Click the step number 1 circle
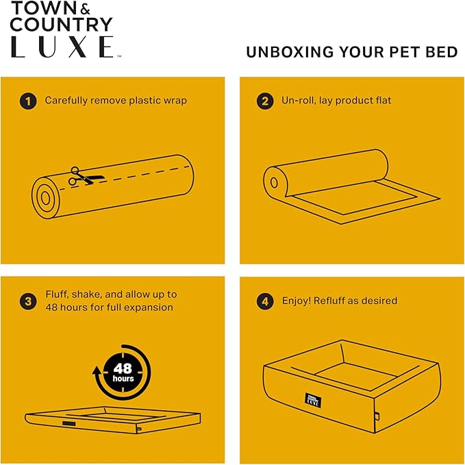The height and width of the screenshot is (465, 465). pyautogui.click(x=28, y=101)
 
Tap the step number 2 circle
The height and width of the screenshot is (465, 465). pyautogui.click(x=265, y=101)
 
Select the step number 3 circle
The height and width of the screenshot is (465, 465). pyautogui.click(x=28, y=301)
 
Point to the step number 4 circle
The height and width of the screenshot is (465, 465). pyautogui.click(x=265, y=301)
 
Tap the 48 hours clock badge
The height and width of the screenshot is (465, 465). pyautogui.click(x=123, y=373)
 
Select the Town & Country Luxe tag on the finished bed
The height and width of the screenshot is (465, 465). pyautogui.click(x=313, y=401)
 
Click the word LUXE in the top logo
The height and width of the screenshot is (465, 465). pyautogui.click(x=62, y=47)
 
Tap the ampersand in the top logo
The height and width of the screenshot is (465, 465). pyautogui.click(x=85, y=10)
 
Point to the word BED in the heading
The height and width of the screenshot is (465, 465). pyautogui.click(x=442, y=52)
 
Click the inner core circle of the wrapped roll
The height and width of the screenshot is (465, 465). pyautogui.click(x=45, y=198)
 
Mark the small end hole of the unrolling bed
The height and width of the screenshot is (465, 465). pyautogui.click(x=274, y=183)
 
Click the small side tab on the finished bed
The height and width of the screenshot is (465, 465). pyautogui.click(x=377, y=416)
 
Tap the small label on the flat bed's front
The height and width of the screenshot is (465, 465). pyautogui.click(x=68, y=423)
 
